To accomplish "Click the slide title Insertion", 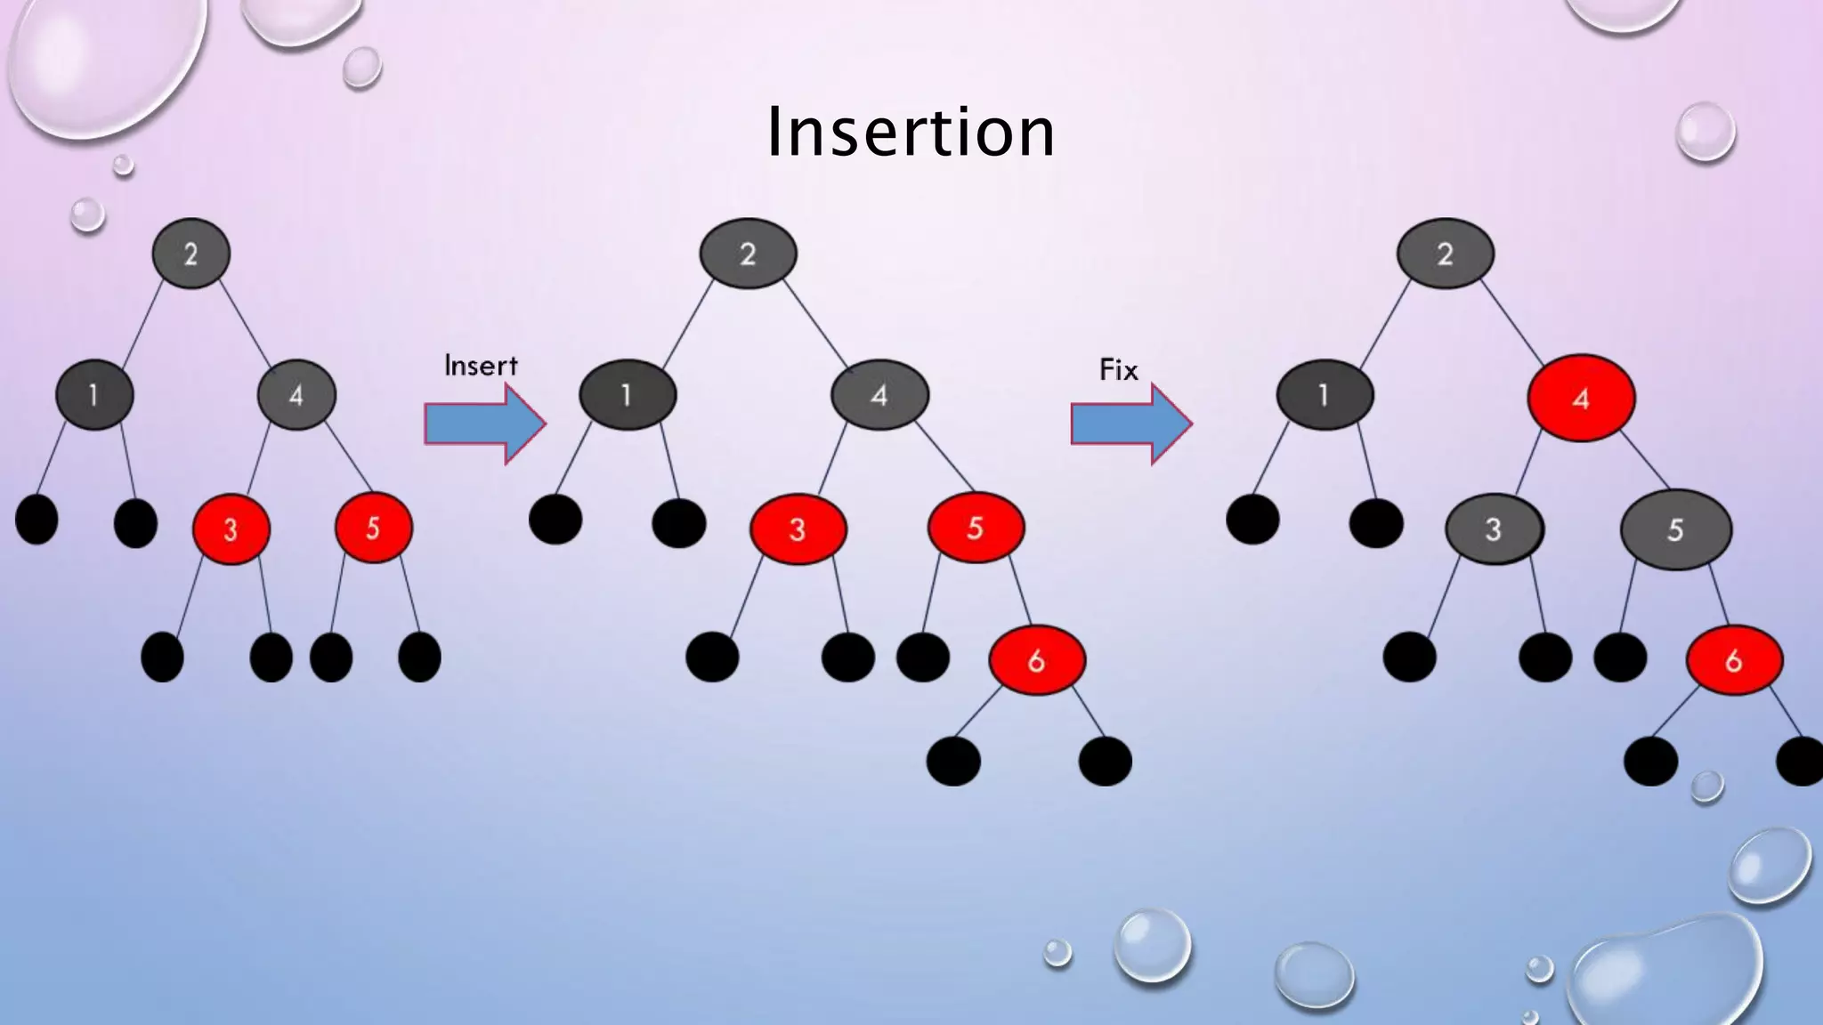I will coord(911,132).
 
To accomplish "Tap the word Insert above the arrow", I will coord(481,366).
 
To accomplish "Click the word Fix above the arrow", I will coord(1118,369).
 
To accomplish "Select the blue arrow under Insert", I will coord(484,424).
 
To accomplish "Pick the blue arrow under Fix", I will coord(1130,424).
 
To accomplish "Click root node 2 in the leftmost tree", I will coord(191,254).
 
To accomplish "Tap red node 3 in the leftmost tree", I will coord(231,529).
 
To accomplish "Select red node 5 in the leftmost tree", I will coord(373,528).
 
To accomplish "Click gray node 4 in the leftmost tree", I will coord(296,394).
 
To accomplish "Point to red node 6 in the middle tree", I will coord(1037,660).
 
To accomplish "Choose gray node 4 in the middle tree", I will coord(879,394).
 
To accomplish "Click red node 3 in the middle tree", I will coord(798,529).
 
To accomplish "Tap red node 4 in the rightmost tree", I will coord(1581,398).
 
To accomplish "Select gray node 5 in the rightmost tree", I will coord(1675,529).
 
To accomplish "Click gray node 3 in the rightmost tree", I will coord(1494,529).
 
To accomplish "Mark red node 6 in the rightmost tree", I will coord(1734,660).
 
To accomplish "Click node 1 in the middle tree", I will coord(628,394).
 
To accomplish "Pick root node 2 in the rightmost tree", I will coord(1445,254).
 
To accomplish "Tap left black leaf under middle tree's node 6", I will coord(953,762).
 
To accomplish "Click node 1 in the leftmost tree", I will coord(94,394).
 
